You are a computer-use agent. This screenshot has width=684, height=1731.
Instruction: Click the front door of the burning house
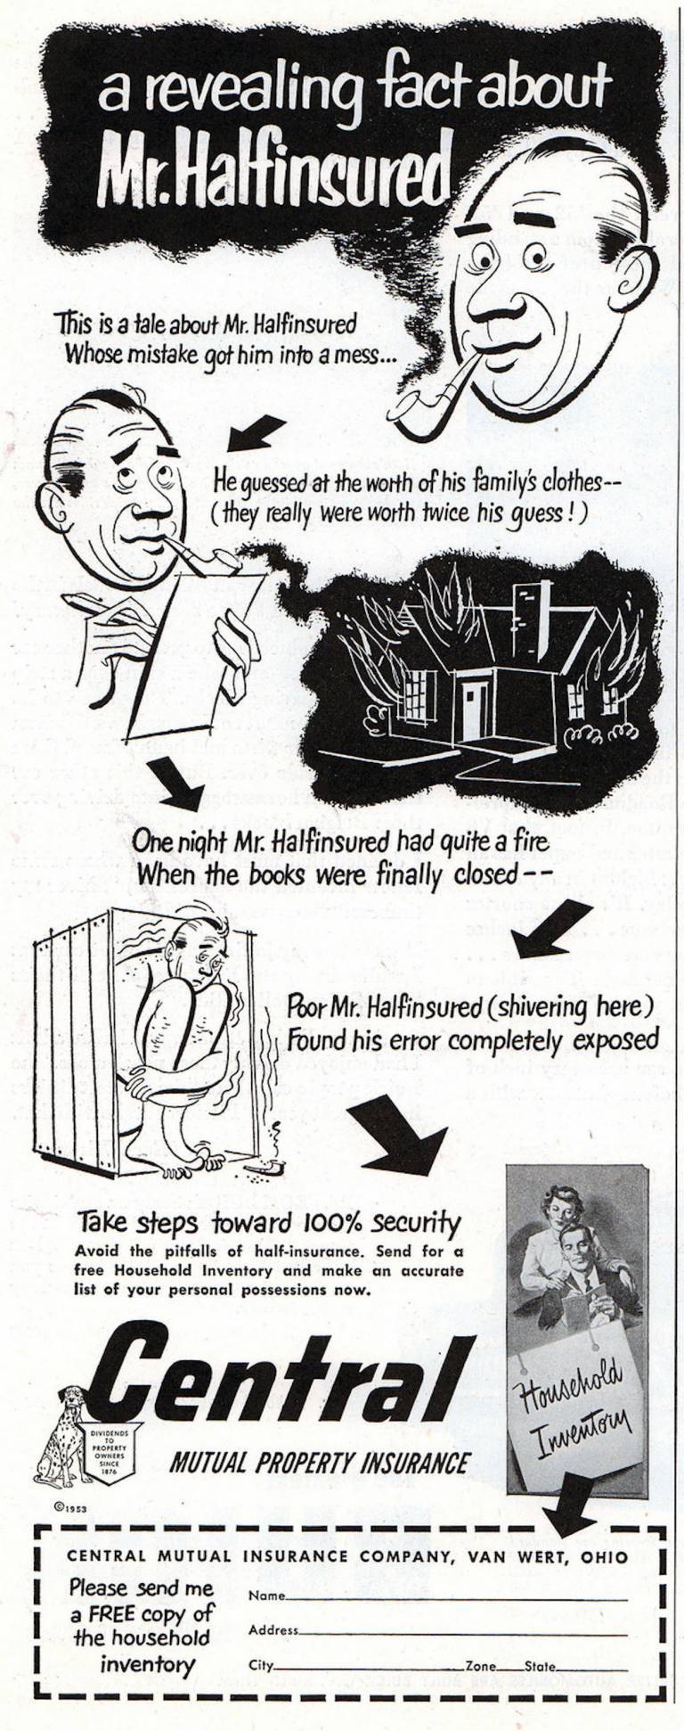click(x=475, y=710)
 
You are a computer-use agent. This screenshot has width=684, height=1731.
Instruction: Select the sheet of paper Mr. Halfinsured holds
click(x=192, y=654)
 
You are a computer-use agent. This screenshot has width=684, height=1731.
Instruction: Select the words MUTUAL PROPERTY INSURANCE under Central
click(x=319, y=1463)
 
